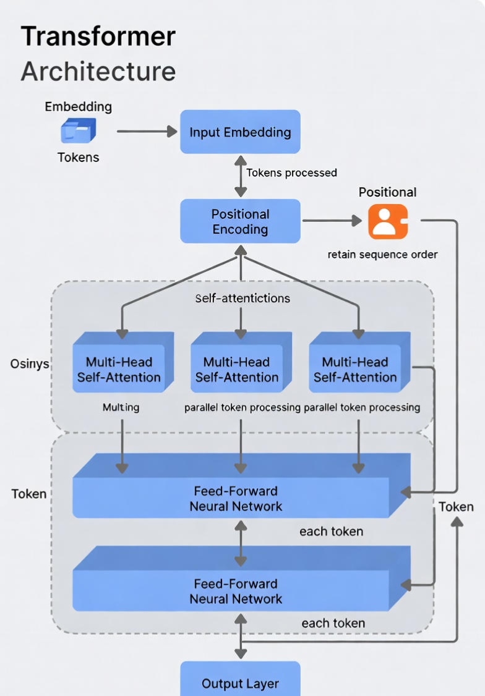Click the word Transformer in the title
pyautogui.click(x=98, y=37)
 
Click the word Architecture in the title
pyautogui.click(x=98, y=71)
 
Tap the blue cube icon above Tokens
pyautogui.click(x=78, y=131)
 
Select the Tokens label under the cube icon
pyautogui.click(x=78, y=158)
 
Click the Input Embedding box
pyautogui.click(x=240, y=132)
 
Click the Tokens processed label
pyautogui.click(x=291, y=173)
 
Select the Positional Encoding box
pyautogui.click(x=240, y=221)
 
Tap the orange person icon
pyautogui.click(x=388, y=221)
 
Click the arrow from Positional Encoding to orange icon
pyautogui.click(x=331, y=221)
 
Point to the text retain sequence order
pyautogui.click(x=382, y=255)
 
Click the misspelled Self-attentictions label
pyautogui.click(x=242, y=299)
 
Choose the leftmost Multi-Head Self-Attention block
pyautogui.click(x=119, y=370)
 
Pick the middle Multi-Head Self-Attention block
pyautogui.click(x=237, y=370)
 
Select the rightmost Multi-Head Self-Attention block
pyautogui.click(x=355, y=370)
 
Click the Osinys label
pyautogui.click(x=29, y=363)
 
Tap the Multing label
pyautogui.click(x=121, y=407)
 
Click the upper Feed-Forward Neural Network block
pyautogui.click(x=236, y=498)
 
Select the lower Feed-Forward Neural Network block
pyautogui.click(x=236, y=591)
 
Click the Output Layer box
pyautogui.click(x=240, y=683)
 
